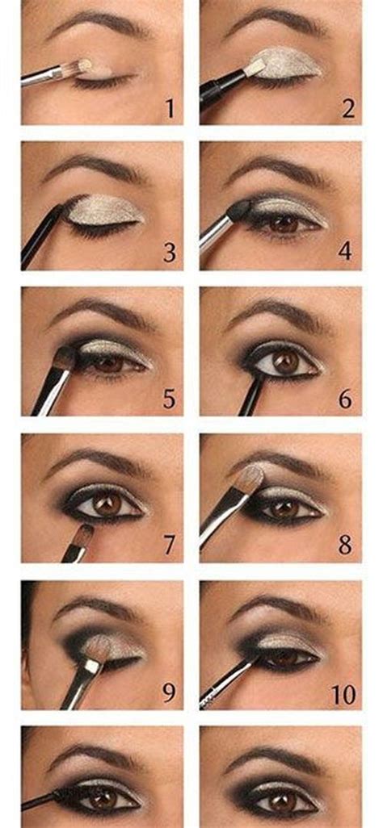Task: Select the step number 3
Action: [170, 253]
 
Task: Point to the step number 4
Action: [346, 251]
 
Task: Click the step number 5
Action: [170, 399]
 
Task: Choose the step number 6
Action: [346, 399]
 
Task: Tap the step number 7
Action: [170, 546]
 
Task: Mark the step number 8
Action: [346, 546]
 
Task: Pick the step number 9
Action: [170, 692]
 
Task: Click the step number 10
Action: [344, 696]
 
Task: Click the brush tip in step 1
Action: [83, 65]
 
